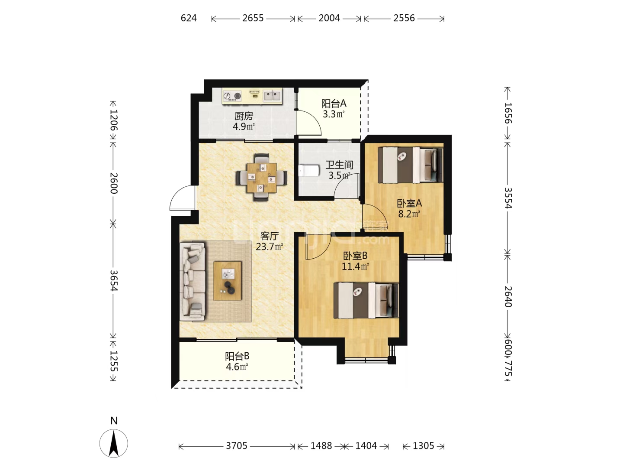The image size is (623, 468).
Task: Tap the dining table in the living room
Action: click(261, 178)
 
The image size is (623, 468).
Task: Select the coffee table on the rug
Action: click(227, 280)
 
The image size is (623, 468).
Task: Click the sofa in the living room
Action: click(193, 281)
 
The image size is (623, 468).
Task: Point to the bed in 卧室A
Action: click(411, 165)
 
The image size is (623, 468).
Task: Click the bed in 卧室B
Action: click(366, 300)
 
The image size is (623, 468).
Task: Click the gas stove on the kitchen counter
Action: click(232, 96)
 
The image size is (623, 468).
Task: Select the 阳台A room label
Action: click(334, 104)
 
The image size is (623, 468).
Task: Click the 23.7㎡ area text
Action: click(270, 247)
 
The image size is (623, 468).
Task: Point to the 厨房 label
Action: click(244, 116)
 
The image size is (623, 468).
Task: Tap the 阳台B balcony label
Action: click(237, 356)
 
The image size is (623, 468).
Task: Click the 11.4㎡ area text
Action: click(355, 266)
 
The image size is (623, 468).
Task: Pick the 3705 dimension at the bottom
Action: click(237, 446)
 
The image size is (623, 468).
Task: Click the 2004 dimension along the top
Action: click(329, 18)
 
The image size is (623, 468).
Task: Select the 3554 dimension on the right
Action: click(507, 198)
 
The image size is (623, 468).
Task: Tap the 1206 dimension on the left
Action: click(113, 120)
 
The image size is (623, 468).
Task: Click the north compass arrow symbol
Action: click(114, 443)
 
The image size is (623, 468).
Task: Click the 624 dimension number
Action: click(189, 18)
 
